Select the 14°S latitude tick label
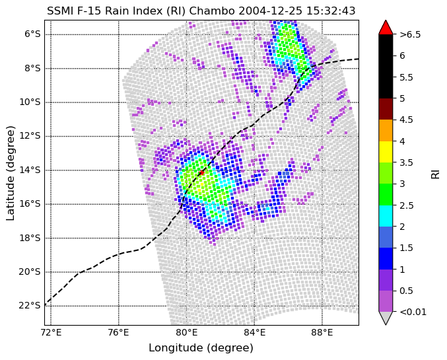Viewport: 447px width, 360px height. click(30, 170)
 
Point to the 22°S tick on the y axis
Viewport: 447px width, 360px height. click(30, 305)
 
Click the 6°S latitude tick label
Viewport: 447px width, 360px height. click(32, 34)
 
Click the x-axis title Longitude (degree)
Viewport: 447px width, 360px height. click(201, 347)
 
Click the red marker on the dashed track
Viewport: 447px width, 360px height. click(201, 172)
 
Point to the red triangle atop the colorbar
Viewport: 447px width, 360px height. click(386, 26)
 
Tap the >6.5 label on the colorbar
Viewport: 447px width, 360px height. click(410, 34)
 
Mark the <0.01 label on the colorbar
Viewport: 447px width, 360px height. click(411, 312)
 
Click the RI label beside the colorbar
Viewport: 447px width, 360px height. click(435, 173)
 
